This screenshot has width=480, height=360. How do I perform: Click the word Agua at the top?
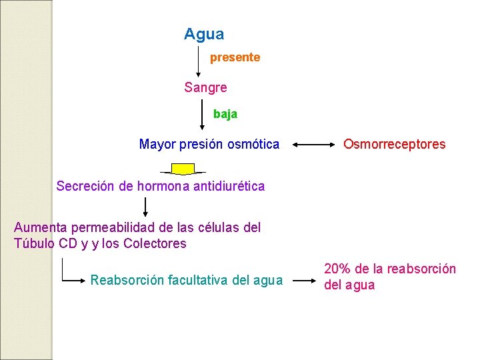click(x=204, y=34)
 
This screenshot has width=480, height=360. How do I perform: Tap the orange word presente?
click(x=235, y=58)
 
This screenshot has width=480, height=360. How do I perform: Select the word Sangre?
click(x=205, y=87)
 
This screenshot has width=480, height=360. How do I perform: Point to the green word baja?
click(x=225, y=114)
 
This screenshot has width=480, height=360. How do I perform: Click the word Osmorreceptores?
click(x=394, y=144)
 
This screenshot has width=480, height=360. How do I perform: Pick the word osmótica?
click(x=254, y=144)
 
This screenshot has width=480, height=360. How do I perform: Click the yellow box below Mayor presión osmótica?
click(x=183, y=168)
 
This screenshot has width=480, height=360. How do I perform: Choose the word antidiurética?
click(x=229, y=187)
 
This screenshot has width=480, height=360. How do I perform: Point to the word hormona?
click(x=163, y=187)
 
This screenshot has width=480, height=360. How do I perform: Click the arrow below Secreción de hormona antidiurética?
click(x=146, y=208)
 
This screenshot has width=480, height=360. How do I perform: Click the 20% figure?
click(x=337, y=269)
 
